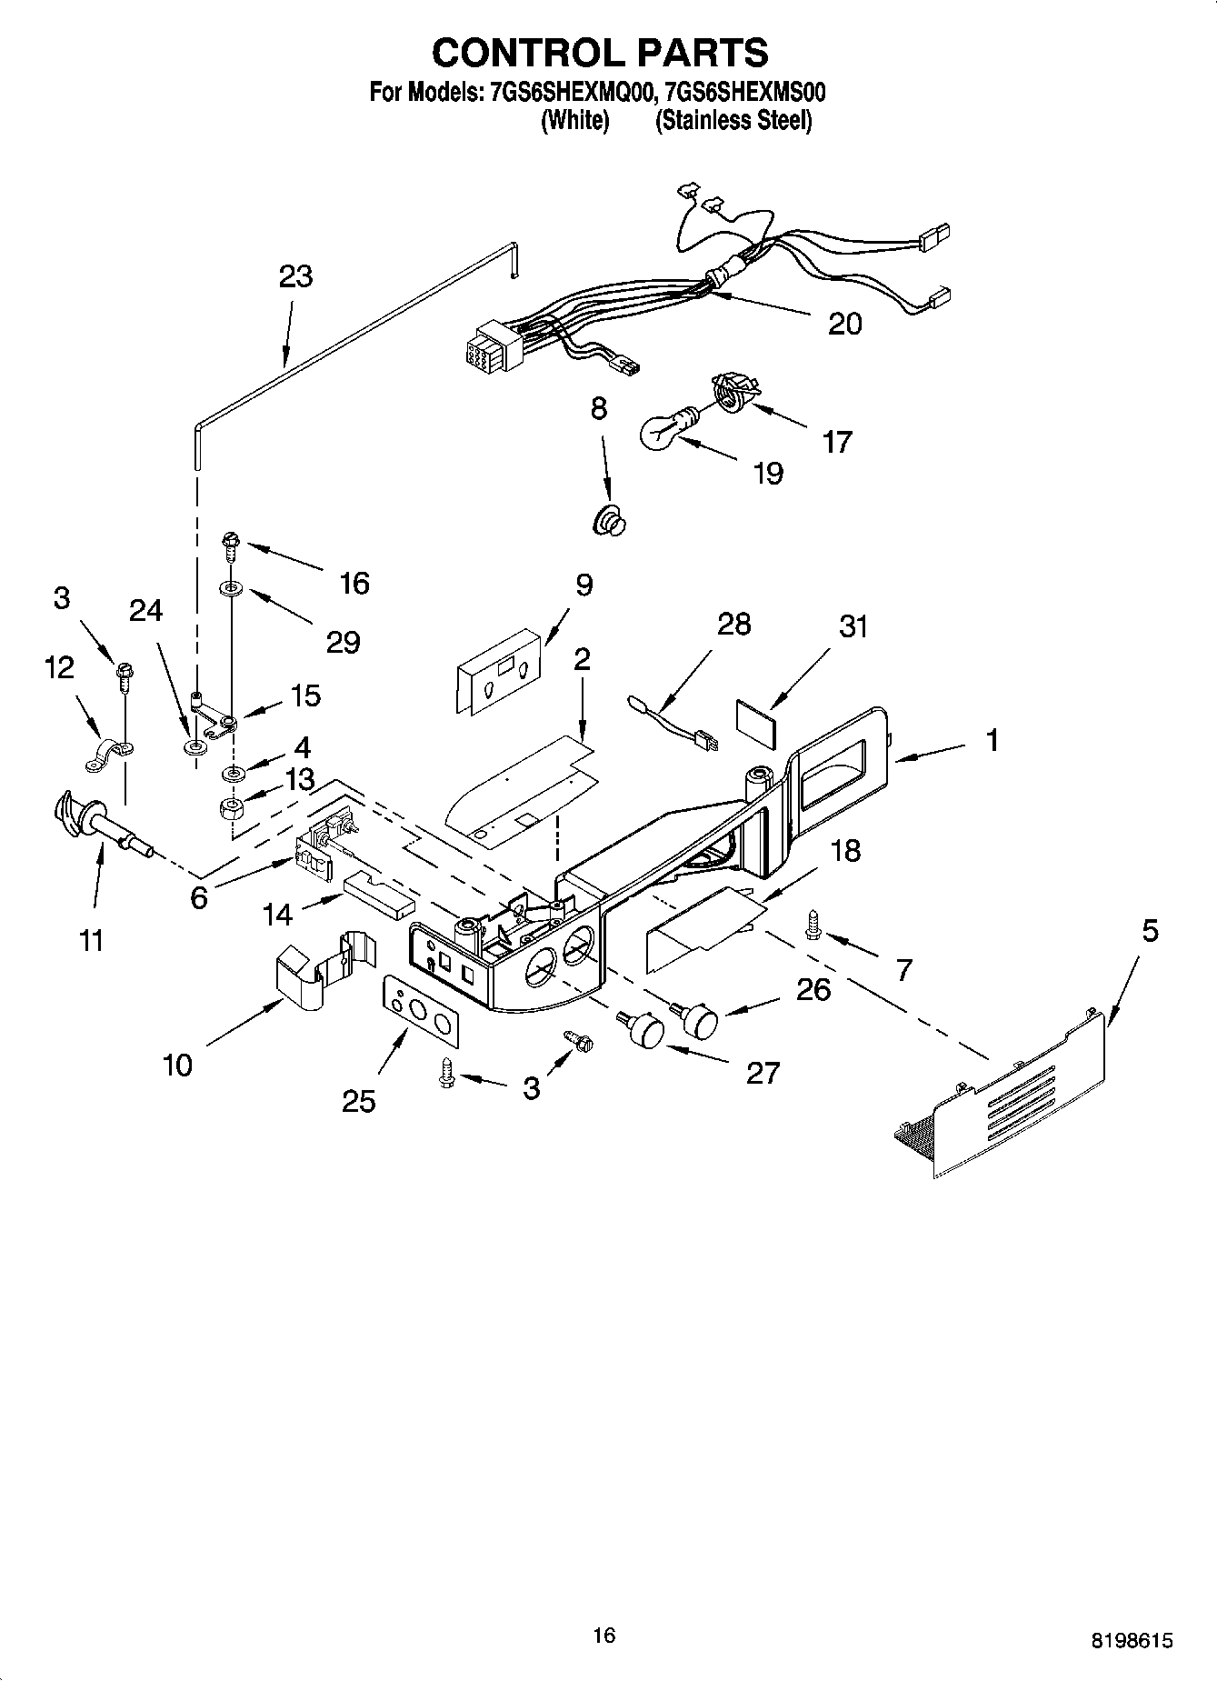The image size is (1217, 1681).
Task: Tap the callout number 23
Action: click(x=295, y=275)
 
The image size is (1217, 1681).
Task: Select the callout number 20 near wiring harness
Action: click(x=844, y=324)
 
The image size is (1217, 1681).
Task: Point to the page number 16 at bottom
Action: click(x=604, y=1636)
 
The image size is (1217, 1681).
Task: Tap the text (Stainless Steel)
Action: click(x=733, y=120)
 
